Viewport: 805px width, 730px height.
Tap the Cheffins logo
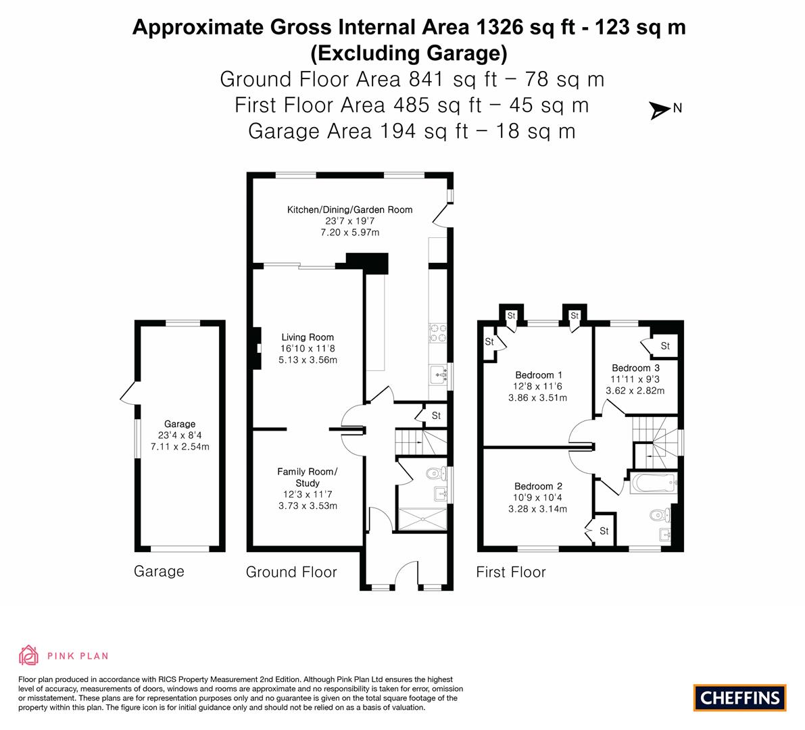coord(739,698)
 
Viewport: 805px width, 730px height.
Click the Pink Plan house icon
coord(29,655)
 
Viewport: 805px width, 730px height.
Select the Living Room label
coord(308,337)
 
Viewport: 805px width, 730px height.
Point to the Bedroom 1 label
coord(538,375)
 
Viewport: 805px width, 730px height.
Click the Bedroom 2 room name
coord(538,486)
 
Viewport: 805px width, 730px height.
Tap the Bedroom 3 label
coord(635,368)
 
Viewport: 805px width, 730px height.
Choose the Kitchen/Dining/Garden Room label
coord(349,210)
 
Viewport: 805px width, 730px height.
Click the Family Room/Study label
coord(307,477)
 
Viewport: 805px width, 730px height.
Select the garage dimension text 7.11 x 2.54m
coord(180,447)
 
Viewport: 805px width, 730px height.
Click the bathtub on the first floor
coord(653,483)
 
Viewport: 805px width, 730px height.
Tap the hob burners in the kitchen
coord(437,333)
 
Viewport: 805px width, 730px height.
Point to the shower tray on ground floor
coord(422,519)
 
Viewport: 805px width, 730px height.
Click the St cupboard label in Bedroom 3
coord(665,346)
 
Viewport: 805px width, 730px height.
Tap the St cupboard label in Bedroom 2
coord(604,531)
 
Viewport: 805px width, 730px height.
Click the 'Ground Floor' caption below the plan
coord(291,573)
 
